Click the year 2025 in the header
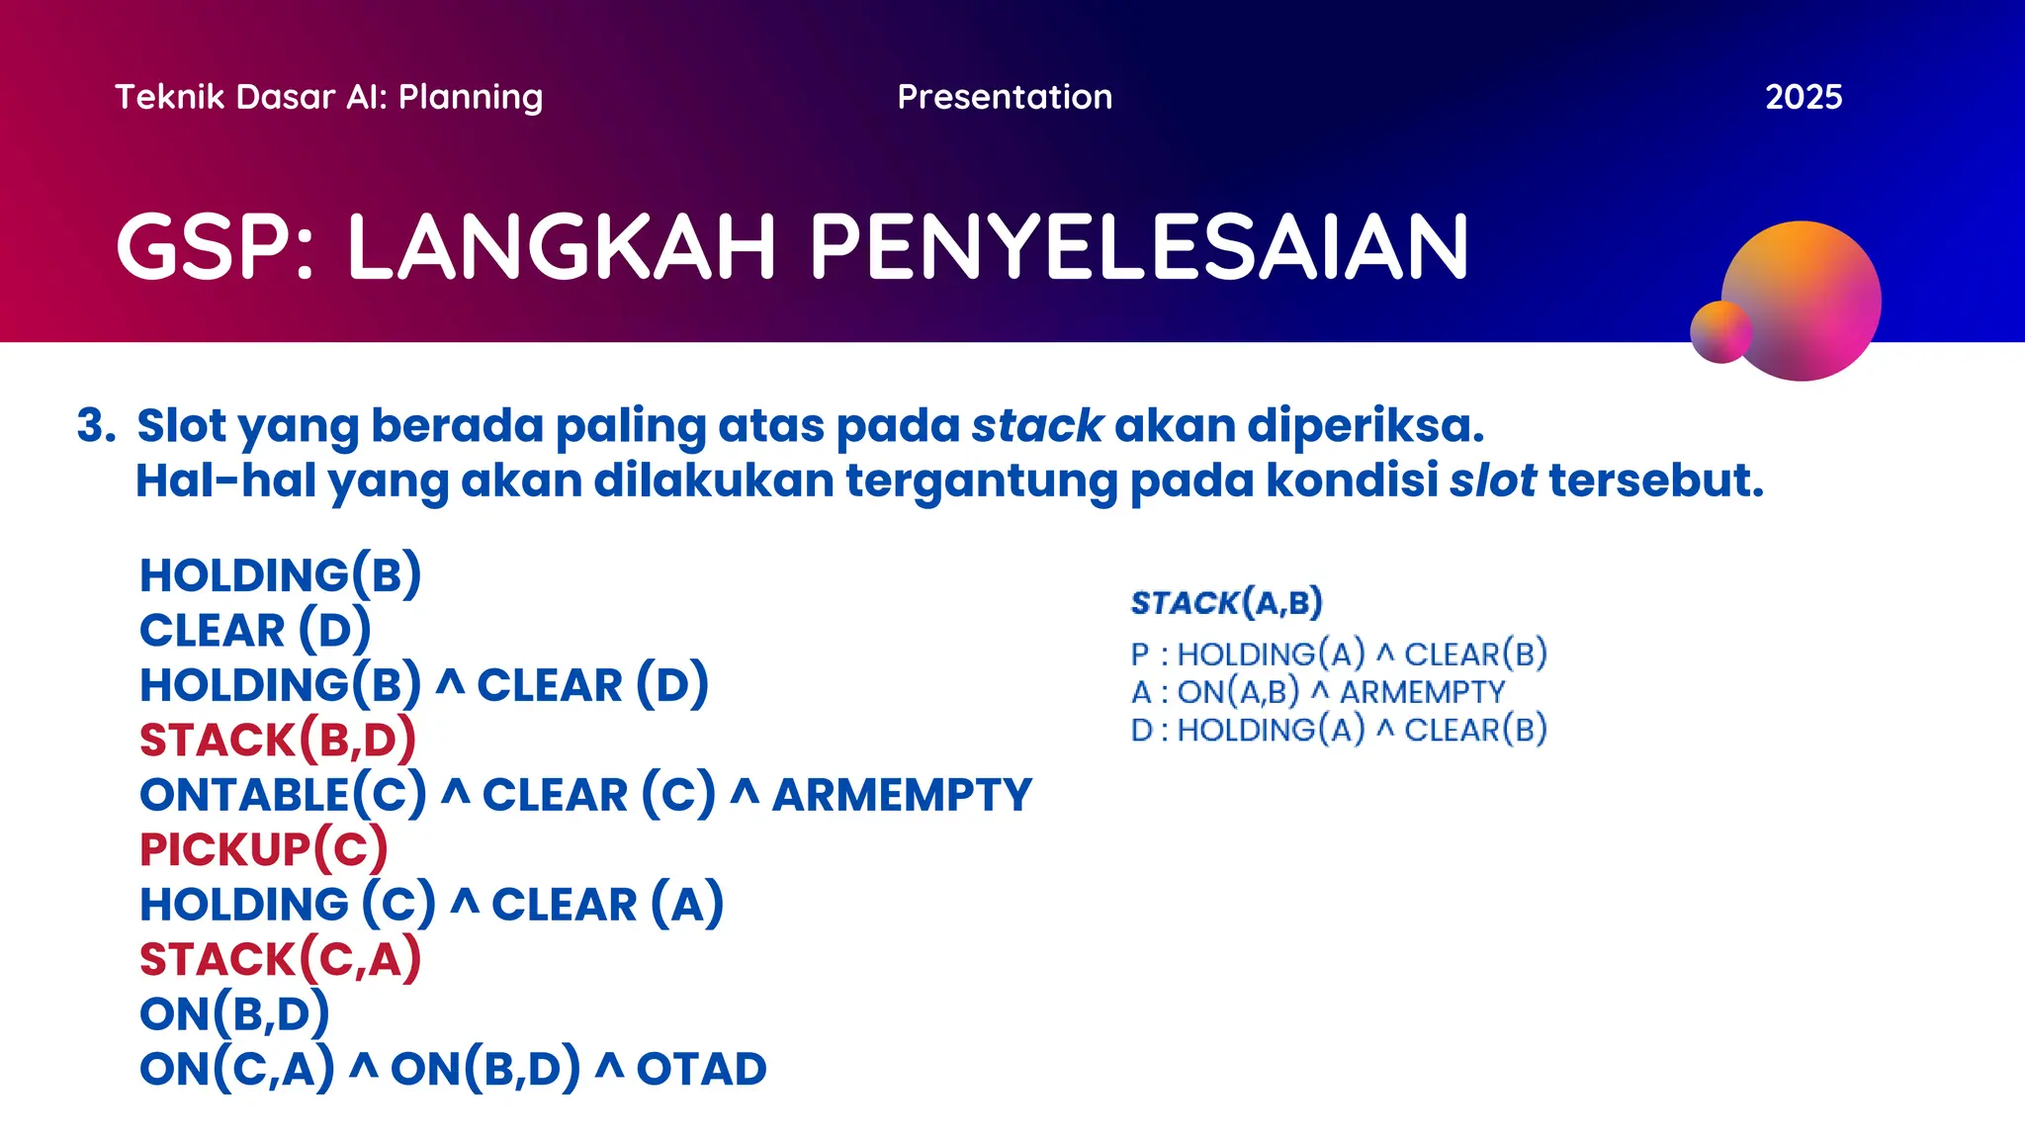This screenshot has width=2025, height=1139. [x=1803, y=97]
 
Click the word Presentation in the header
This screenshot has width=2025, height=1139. [x=1005, y=97]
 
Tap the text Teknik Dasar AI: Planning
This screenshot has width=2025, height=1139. [x=328, y=97]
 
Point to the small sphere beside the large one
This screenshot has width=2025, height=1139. [x=1719, y=332]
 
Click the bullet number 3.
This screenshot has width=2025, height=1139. [x=96, y=425]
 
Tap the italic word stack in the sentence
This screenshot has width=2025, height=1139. [x=1036, y=425]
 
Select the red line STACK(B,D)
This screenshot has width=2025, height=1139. [x=277, y=740]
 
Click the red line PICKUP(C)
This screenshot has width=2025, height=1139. [x=262, y=849]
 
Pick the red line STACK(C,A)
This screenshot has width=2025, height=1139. [x=280, y=959]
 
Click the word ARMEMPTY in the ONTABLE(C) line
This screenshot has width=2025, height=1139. [x=901, y=795]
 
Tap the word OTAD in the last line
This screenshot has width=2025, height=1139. [x=701, y=1069]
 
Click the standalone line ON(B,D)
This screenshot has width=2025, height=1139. [x=234, y=1013]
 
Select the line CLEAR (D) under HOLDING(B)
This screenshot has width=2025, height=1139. [x=254, y=630]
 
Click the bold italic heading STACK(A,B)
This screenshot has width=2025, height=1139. [x=1226, y=602]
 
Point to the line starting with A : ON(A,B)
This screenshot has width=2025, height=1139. [x=1317, y=692]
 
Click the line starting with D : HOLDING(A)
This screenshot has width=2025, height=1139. [x=1338, y=730]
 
